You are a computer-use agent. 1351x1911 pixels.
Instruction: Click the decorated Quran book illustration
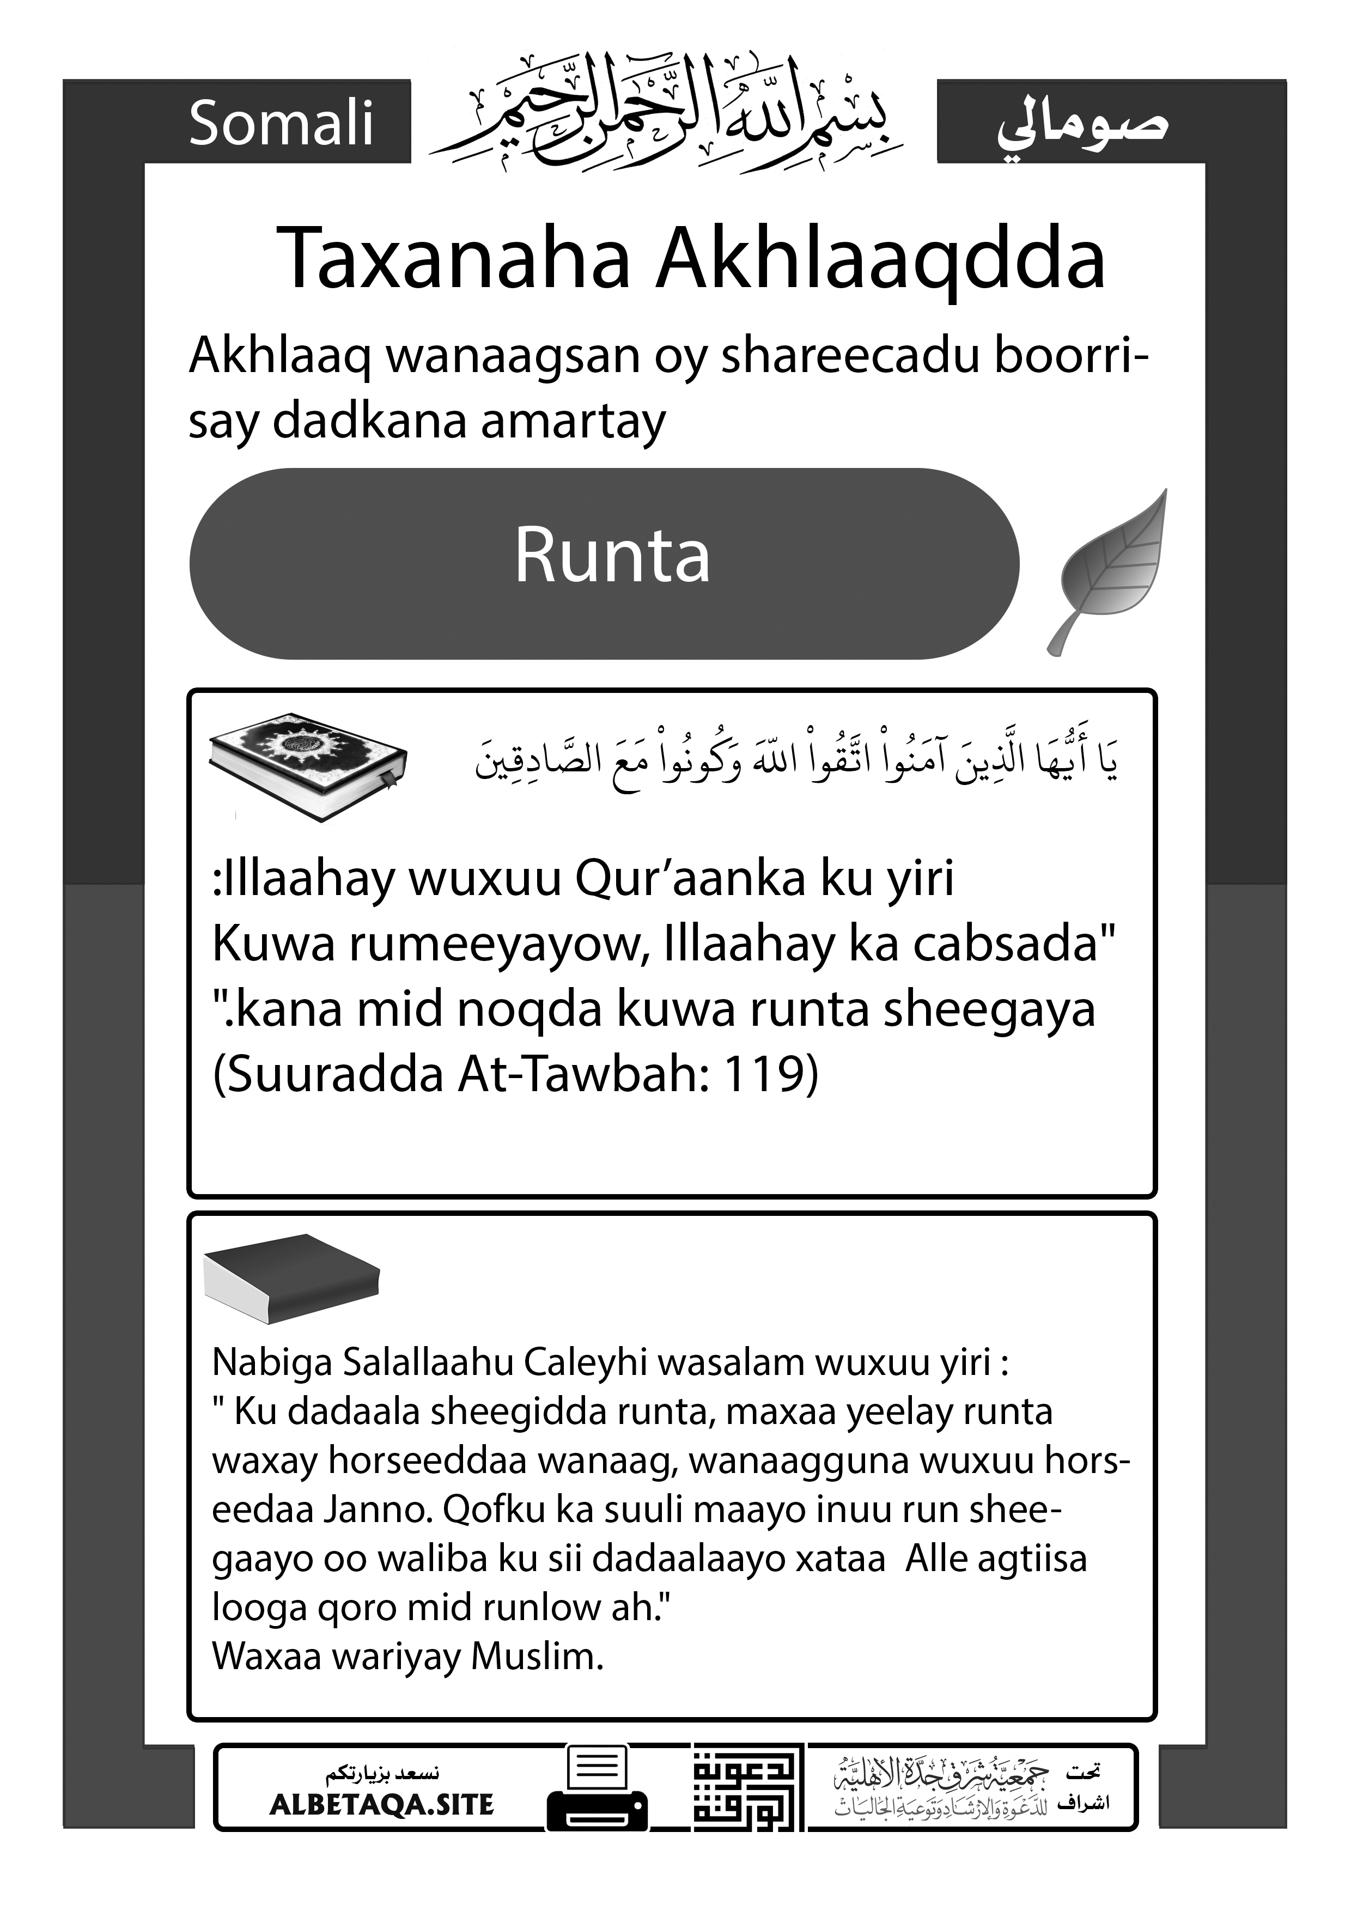pyautogui.click(x=307, y=764)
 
